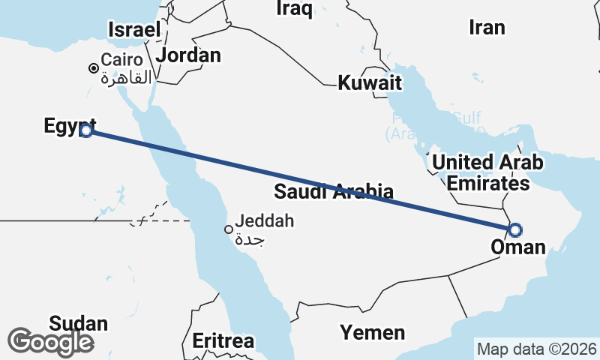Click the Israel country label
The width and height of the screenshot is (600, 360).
pos(135,30)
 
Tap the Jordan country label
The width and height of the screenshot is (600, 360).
pos(188,55)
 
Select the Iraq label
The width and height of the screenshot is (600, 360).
pos(295,8)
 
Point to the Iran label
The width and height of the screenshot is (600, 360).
pos(487,28)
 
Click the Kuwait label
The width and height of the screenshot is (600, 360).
pos(370,83)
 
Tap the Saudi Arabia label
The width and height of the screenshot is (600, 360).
pos(334,191)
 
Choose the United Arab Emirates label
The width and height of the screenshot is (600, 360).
pos(487,172)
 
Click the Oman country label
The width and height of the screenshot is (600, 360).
pos(517,247)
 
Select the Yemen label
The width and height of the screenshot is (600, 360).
pos(373,332)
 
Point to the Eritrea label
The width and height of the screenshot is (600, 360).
pos(223,341)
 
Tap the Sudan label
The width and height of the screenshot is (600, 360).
pos(79,324)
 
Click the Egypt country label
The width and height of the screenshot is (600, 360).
pos(70,126)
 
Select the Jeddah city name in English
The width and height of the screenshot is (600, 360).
pos(265,221)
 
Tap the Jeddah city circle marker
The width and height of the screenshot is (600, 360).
pos(229,229)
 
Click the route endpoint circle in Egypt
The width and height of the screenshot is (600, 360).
pos(86,130)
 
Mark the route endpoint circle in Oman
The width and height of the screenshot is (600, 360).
pos(515,229)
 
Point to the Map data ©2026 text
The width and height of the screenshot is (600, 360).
pos(536,349)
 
